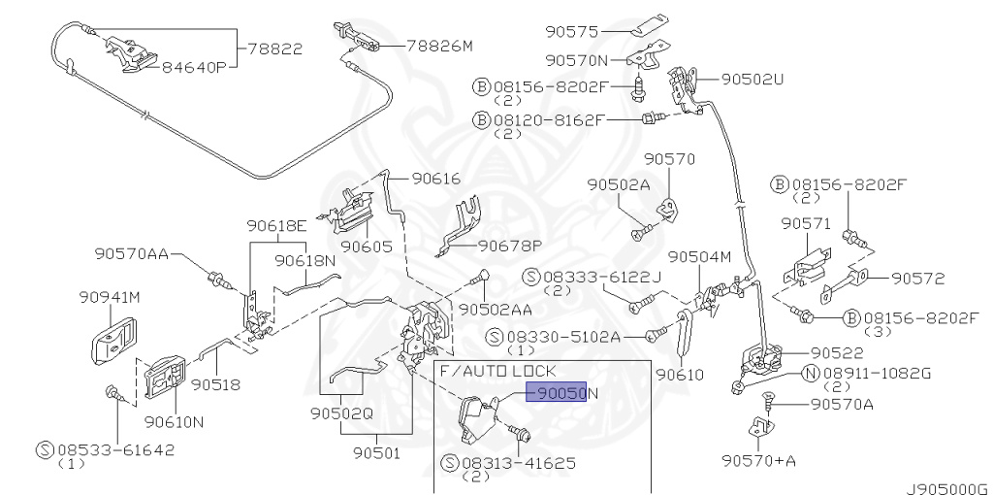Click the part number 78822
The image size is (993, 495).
[x=274, y=47]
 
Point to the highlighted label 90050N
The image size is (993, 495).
[x=561, y=392]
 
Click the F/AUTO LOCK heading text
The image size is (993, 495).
[x=497, y=371]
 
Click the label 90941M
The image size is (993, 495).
[x=110, y=297]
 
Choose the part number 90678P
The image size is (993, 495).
[x=510, y=246]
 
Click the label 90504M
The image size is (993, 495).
[x=699, y=257]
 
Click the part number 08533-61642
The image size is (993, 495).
[x=106, y=450]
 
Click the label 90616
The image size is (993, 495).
[x=435, y=178]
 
